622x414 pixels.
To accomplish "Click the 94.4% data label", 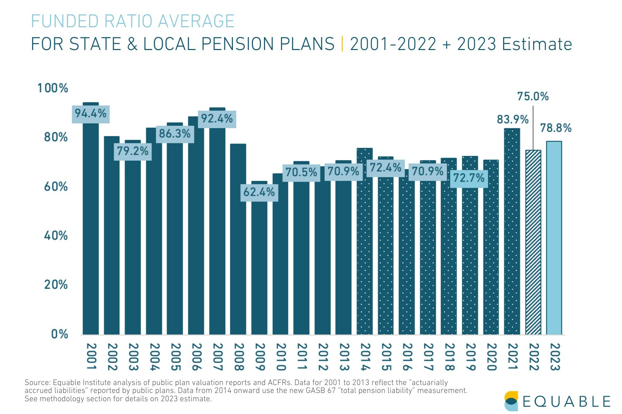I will tap(91, 114).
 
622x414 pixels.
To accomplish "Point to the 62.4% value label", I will tap(259, 192).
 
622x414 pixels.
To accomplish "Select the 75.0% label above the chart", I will tap(533, 96).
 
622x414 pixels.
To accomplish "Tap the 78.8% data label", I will tap(556, 128).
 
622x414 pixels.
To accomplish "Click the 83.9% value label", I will tap(512, 119).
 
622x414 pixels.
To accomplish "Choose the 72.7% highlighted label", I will tap(469, 178).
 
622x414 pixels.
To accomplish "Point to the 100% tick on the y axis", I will tap(53, 88).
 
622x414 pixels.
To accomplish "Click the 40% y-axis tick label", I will tap(56, 236).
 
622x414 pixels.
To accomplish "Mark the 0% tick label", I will tap(59, 334).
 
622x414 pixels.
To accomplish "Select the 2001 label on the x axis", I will tap(91, 356).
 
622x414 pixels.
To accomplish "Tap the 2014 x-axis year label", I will tap(365, 356).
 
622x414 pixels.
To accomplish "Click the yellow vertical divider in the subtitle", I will tap(342, 44).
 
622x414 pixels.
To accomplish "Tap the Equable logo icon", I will tap(511, 401).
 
